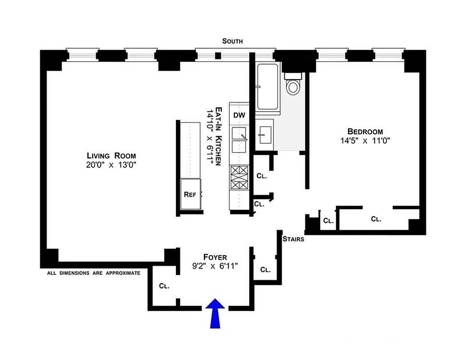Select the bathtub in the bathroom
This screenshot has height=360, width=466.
coord(268,87)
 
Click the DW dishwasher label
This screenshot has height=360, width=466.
coord(239,115)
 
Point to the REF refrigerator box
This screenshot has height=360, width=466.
coord(190,194)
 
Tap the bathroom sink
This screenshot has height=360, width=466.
coord(265,133)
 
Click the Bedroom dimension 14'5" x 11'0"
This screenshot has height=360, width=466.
coord(365,140)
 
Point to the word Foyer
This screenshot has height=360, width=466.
coord(214,257)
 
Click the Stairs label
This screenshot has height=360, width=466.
coord(293,239)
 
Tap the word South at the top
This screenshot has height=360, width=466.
coord(233,41)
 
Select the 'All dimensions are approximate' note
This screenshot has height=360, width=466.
coord(94,273)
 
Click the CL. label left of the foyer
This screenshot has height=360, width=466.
coord(163,286)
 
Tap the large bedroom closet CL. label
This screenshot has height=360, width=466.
coord(376,219)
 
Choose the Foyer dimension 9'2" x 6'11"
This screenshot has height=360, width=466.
coord(214,266)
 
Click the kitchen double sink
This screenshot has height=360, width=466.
coord(239,139)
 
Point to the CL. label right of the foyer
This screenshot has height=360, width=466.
coord(265,270)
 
